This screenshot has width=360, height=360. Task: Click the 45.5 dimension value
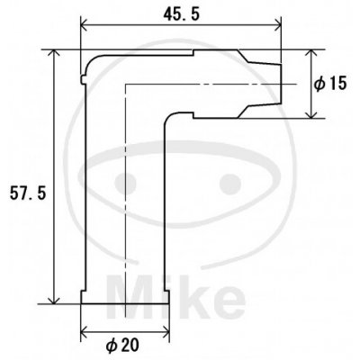181,14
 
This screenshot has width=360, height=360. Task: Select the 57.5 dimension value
28,193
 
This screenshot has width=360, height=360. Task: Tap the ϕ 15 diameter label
330,84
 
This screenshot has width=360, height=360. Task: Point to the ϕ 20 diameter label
122,346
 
